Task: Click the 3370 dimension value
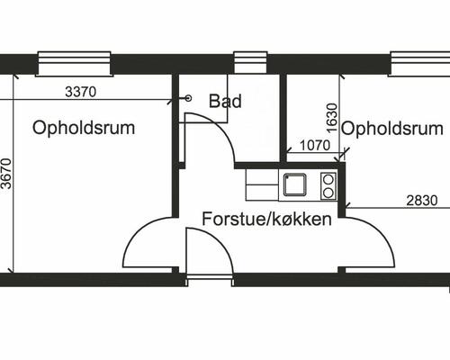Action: pyautogui.click(x=81, y=92)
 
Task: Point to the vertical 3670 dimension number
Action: pyautogui.click(x=6, y=174)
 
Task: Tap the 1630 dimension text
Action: pyautogui.click(x=332, y=118)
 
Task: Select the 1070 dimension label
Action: pyautogui.click(x=315, y=146)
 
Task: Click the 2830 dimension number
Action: pyautogui.click(x=422, y=201)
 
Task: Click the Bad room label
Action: pyautogui.click(x=225, y=101)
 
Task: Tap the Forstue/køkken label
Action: pyautogui.click(x=266, y=220)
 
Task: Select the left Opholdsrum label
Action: pyautogui.click(x=84, y=128)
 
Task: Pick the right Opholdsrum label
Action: pyautogui.click(x=392, y=129)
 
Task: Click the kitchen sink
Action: pyautogui.click(x=295, y=184)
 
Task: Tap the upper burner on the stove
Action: pyautogui.click(x=328, y=179)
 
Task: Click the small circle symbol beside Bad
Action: pyautogui.click(x=188, y=98)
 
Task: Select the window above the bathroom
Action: pyautogui.click(x=250, y=62)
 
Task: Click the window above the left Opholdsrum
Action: pyautogui.click(x=74, y=64)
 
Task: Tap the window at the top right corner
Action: pyautogui.click(x=419, y=64)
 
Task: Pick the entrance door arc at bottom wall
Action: pyautogui.click(x=220, y=239)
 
